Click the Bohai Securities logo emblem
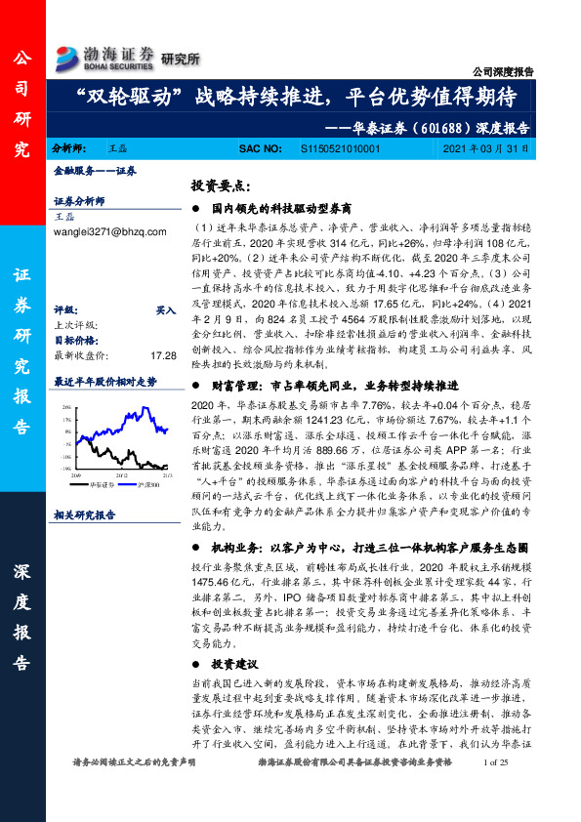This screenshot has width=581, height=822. (67, 55)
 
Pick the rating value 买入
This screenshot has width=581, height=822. (165, 308)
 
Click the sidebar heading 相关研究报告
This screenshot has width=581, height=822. (84, 514)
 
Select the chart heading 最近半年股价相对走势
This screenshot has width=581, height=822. (104, 382)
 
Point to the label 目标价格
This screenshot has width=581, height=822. (72, 341)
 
